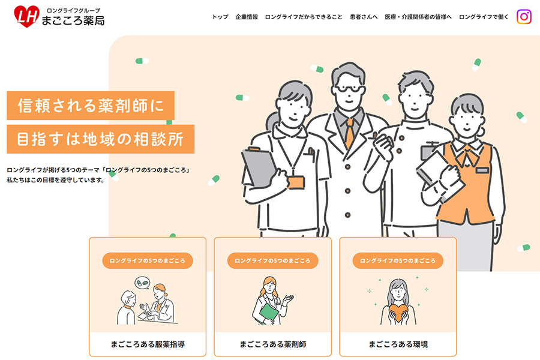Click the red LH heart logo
(x=26, y=16)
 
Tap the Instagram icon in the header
(x=524, y=17)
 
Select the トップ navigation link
(x=220, y=17)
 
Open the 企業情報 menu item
(x=247, y=17)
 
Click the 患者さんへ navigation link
(x=364, y=17)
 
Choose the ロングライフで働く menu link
(x=484, y=17)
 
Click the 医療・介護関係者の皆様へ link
(x=418, y=17)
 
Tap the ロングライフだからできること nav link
(x=304, y=17)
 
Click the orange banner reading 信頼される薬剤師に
(x=91, y=106)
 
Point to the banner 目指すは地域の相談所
(x=101, y=139)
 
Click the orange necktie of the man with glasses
(x=350, y=133)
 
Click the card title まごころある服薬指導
(x=148, y=344)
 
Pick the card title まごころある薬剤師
(x=273, y=344)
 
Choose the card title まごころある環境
(x=398, y=344)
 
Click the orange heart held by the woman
(x=398, y=311)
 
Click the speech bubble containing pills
(x=142, y=283)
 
